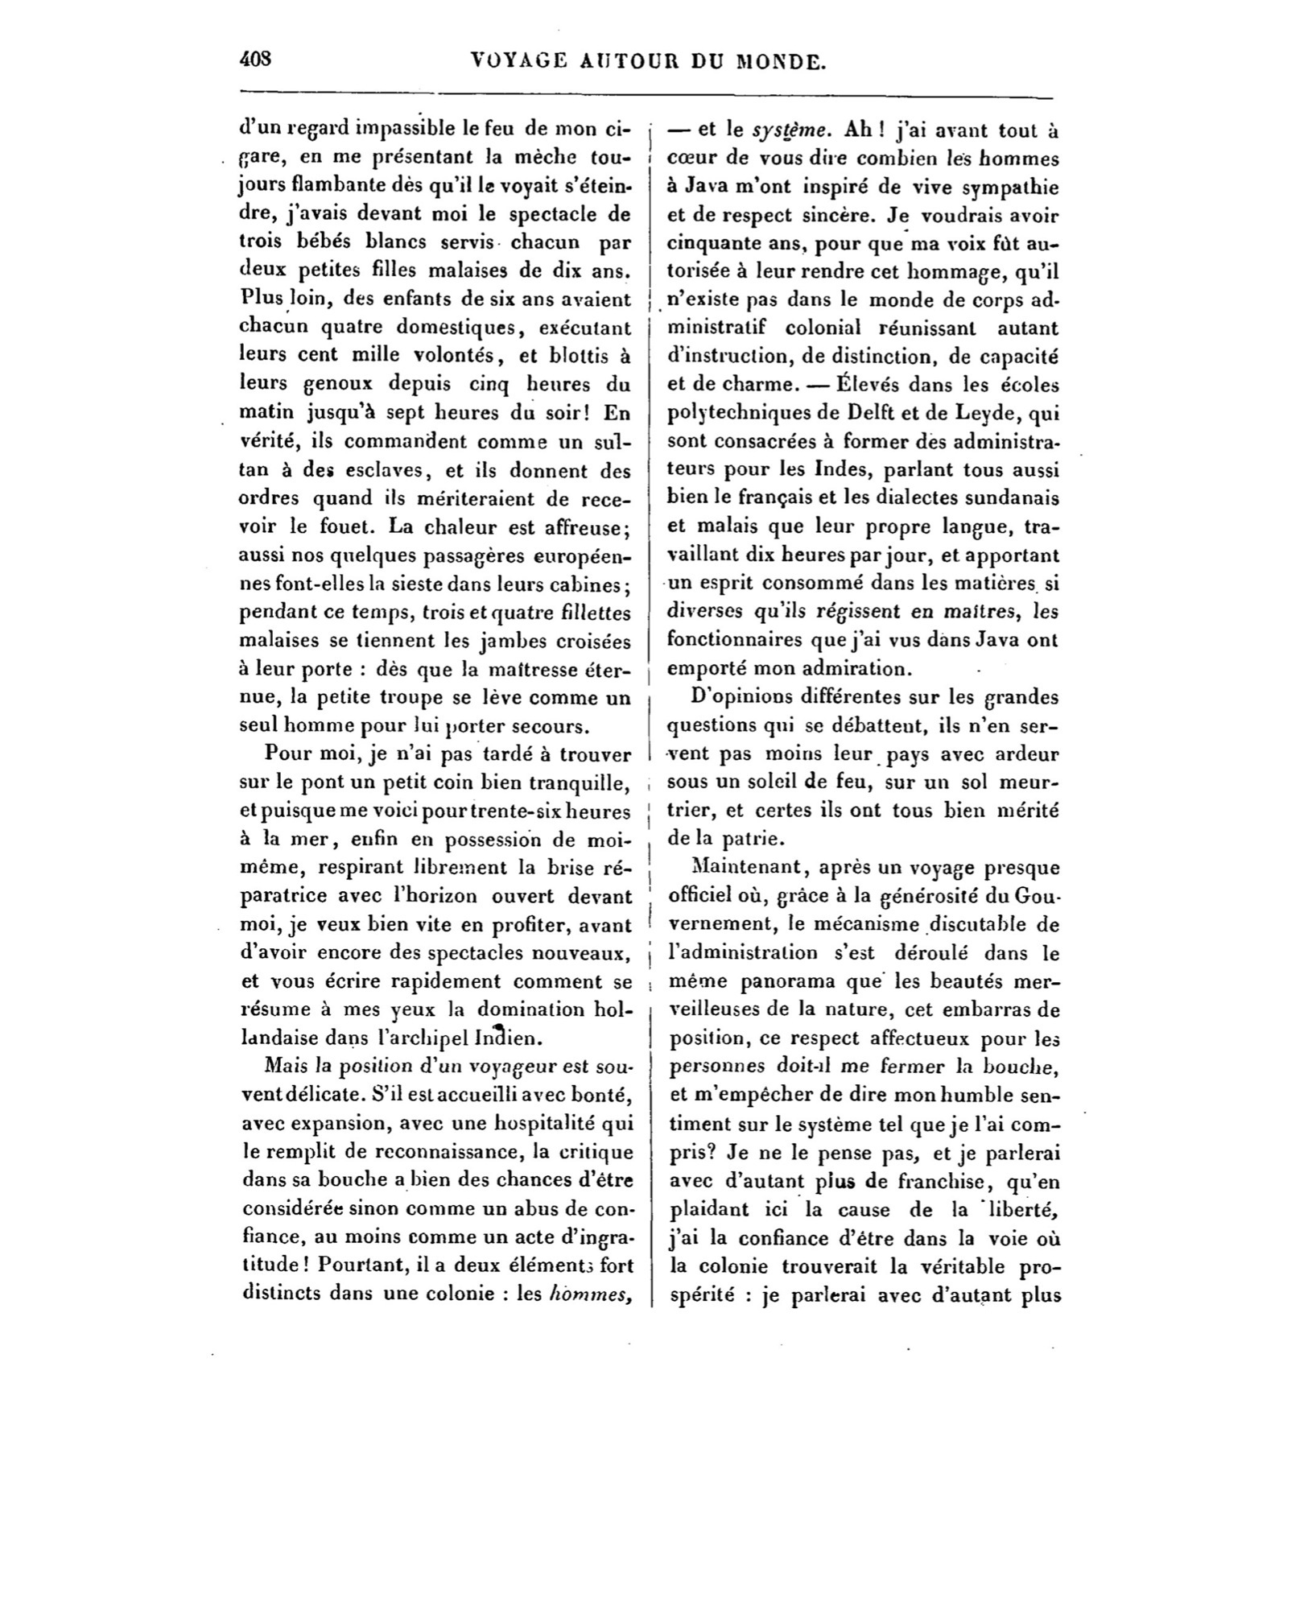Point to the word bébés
pyautogui.click(x=327, y=243)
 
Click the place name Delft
pyautogui.click(x=873, y=414)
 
